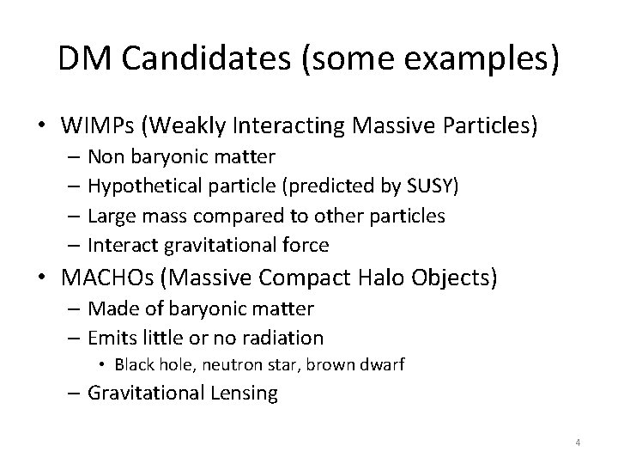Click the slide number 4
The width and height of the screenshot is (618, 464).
pos(578,443)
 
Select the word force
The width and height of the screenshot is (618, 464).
pos(303,245)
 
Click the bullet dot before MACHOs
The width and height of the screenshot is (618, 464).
pos(44,278)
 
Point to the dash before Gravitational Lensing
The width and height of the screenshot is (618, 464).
pos(75,394)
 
